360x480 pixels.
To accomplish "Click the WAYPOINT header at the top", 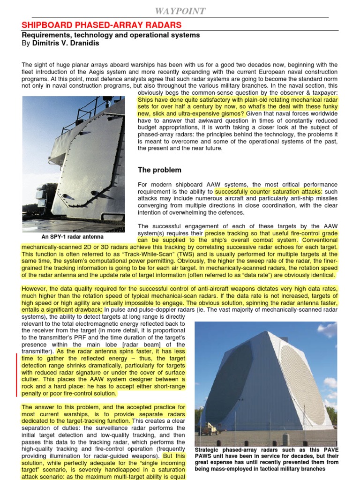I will click(180, 11).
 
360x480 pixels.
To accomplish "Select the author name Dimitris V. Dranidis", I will click(65, 43).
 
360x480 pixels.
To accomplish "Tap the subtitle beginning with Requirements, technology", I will click(111, 35).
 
